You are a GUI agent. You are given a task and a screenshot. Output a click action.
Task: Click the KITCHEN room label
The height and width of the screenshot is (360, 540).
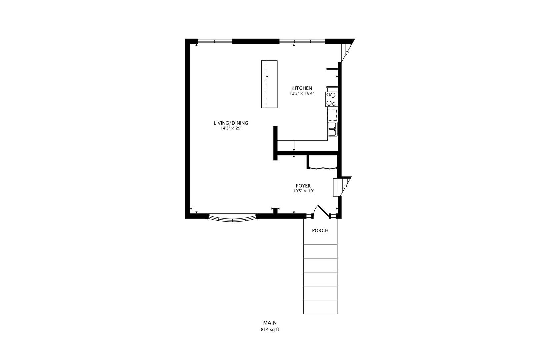302,88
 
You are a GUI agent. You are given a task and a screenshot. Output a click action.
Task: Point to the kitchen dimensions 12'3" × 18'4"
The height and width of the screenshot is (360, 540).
302,94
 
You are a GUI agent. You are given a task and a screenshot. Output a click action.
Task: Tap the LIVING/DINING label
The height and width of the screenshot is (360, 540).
231,123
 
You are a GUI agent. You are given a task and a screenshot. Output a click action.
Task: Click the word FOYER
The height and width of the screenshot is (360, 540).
303,186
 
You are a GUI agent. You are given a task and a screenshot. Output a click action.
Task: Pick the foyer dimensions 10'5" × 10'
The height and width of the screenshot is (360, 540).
303,191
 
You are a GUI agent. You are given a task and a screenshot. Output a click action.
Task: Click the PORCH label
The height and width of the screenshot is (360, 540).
320,231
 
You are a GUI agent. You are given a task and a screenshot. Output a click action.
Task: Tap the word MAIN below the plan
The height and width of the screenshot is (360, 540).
270,323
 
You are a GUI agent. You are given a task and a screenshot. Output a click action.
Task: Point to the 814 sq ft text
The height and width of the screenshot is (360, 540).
270,330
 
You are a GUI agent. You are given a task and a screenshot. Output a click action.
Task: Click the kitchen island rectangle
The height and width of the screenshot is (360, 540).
269,84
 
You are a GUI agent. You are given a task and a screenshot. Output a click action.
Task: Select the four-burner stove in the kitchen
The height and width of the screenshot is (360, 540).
331,99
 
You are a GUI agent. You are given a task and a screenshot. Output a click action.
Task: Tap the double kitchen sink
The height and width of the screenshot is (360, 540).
333,129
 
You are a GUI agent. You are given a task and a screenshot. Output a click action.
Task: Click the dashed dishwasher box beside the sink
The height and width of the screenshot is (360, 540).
332,114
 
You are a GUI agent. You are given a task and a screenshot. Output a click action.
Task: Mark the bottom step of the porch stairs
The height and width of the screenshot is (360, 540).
320,307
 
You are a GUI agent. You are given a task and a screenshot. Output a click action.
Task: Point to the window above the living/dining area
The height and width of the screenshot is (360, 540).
215,41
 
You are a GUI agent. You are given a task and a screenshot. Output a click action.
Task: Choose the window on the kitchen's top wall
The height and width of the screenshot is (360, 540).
302,41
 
